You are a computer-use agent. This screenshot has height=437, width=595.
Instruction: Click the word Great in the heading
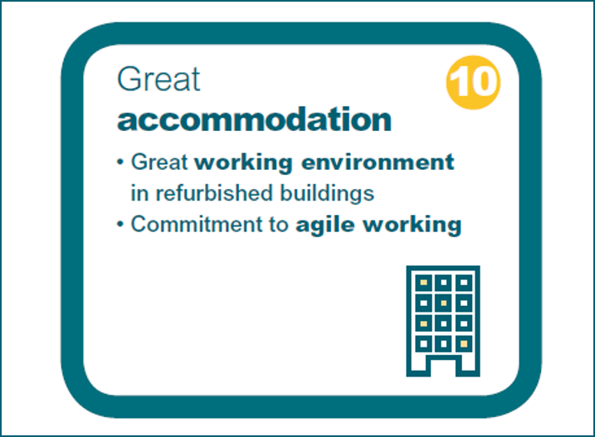click(x=159, y=80)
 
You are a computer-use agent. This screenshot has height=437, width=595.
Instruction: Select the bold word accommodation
click(x=254, y=119)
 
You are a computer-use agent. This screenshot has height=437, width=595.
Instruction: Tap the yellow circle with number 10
click(x=474, y=82)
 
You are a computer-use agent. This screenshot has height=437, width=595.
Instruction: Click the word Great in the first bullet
click(x=160, y=162)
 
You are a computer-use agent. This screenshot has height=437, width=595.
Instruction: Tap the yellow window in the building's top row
click(x=423, y=284)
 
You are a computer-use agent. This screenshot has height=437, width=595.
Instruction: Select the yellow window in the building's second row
click(x=444, y=303)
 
